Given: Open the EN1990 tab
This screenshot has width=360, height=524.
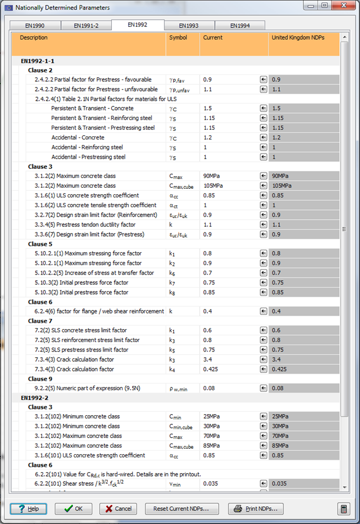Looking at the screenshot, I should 35,25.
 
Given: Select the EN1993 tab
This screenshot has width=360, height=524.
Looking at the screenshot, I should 189,25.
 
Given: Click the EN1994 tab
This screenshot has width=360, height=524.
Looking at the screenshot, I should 239,25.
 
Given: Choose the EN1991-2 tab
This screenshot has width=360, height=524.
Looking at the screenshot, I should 86,25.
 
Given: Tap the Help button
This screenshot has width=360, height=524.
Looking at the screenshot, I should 28,508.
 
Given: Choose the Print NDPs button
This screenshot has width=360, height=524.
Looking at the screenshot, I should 256,508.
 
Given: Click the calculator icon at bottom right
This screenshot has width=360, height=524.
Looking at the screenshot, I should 344,508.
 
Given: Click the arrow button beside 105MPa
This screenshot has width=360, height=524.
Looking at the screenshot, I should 263,186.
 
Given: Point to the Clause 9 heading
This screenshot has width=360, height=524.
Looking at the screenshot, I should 40,379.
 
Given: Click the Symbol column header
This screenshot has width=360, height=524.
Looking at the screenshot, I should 178,38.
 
